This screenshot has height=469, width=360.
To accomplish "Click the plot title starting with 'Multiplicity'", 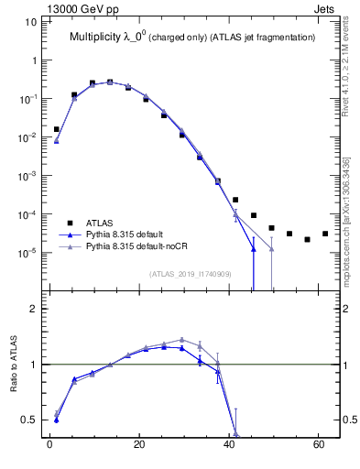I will coord(192,38).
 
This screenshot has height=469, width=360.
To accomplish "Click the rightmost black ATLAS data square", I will coord(325,234).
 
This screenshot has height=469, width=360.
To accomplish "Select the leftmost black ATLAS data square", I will coord(56,129).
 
